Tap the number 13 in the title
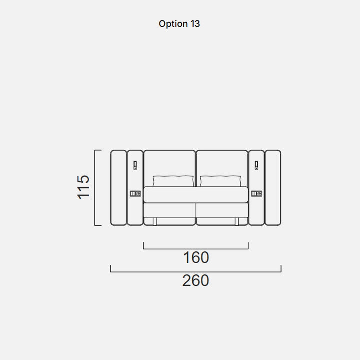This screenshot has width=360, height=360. coord(195,24)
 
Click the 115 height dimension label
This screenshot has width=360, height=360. coord(83,187)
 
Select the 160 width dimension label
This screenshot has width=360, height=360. coord(196,257)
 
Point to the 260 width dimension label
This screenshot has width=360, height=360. coord(196,280)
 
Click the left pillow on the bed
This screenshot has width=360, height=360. coord(173,181)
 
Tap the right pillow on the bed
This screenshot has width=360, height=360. coord(220,181)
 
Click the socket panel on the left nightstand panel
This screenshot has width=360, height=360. coord(135,194)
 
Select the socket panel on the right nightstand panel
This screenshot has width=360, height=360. coord(256,194)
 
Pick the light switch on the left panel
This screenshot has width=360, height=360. coord(135,165)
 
